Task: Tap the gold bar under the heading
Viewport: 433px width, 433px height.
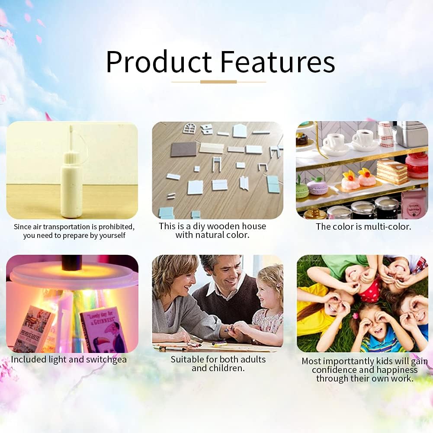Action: [218, 82]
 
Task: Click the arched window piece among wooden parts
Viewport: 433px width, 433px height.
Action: [189, 128]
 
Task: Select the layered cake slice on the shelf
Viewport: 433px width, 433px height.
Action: [392, 171]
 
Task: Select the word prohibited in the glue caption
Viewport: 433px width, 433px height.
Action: [116, 227]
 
